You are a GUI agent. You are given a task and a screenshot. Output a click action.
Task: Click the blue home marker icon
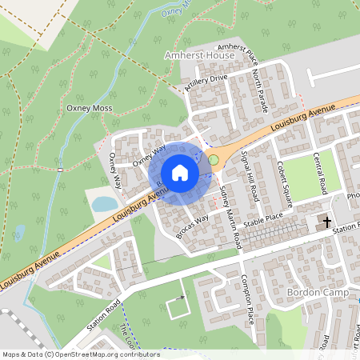point(180,172)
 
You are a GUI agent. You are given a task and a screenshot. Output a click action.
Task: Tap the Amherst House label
point(198,56)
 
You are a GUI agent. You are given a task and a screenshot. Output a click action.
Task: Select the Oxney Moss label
point(90,108)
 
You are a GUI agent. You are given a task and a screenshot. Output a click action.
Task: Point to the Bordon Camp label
point(314,293)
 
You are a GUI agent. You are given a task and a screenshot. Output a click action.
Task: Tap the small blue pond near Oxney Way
point(104,204)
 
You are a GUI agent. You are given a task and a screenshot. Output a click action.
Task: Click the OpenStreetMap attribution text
point(80,354)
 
